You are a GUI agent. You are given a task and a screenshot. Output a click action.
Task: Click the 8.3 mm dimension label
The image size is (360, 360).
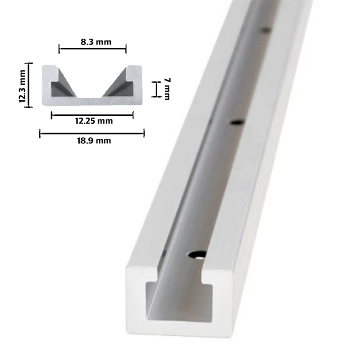tap(92, 41)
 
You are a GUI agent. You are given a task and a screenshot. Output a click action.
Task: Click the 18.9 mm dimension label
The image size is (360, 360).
tap(92, 141)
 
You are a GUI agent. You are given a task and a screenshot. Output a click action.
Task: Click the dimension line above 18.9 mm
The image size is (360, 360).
tap(92, 133)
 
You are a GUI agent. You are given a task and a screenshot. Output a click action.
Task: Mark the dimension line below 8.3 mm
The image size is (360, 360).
tap(93, 49)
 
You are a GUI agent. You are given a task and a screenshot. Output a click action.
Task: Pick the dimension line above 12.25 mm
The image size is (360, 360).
tap(92, 115)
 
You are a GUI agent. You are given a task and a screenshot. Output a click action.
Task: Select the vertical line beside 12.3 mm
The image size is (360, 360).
tap(30, 84)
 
